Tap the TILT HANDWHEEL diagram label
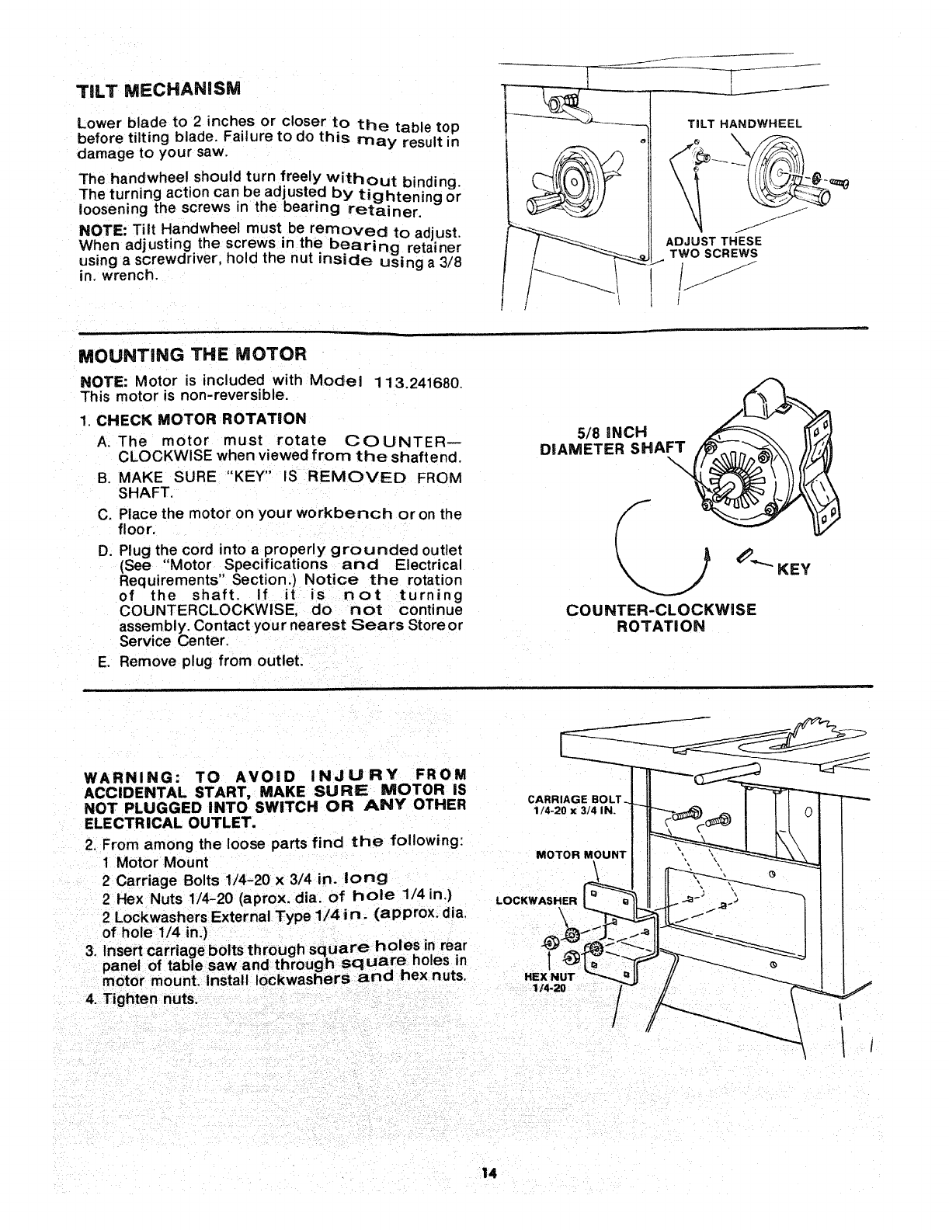pyautogui.click(x=745, y=123)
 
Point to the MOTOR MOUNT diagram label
pyautogui.click(x=581, y=855)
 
